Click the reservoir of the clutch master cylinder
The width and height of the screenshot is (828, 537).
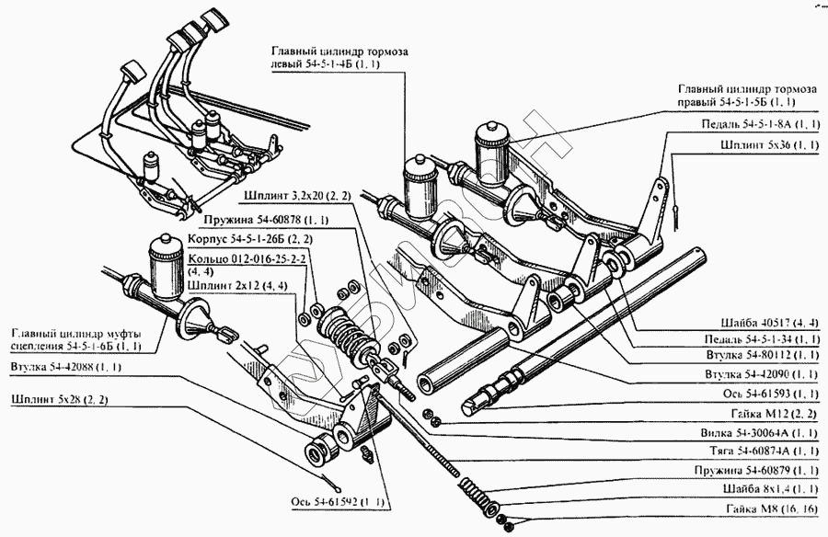coord(167,261)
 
